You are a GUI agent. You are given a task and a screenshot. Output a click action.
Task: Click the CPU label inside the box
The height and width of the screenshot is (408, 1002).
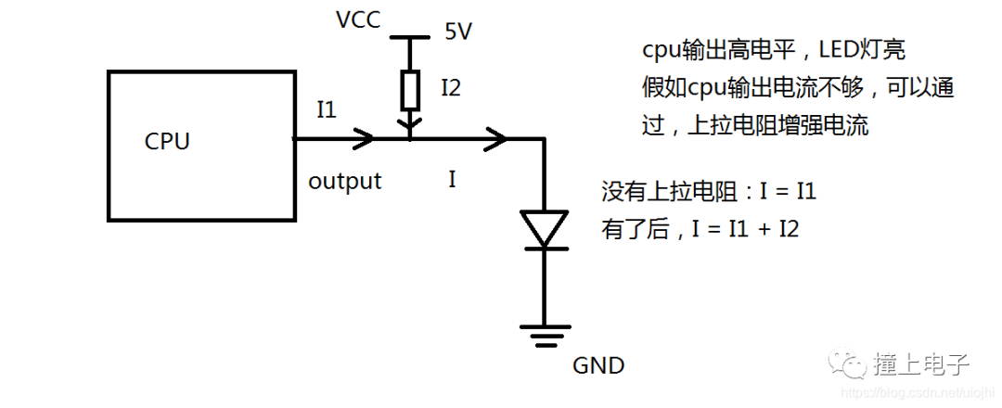[167, 142]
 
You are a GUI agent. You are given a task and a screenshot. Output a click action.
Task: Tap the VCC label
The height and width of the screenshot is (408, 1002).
[358, 19]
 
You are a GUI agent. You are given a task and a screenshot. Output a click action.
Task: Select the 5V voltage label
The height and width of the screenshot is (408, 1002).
[457, 32]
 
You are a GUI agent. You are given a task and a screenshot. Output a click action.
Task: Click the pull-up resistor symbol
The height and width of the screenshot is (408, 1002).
[409, 90]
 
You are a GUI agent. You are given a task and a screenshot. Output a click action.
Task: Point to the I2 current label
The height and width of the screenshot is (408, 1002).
[450, 88]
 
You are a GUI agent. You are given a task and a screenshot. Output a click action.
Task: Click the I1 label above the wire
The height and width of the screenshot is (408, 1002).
[326, 110]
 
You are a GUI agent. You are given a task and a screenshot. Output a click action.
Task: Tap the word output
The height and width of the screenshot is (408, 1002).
[344, 181]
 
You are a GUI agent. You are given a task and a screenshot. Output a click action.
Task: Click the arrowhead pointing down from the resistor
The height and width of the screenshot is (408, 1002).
[409, 122]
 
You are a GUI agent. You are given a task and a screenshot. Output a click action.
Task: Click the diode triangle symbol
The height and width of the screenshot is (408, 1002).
[544, 228]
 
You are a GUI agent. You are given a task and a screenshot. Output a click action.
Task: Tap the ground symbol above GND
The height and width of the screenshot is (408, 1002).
[544, 333]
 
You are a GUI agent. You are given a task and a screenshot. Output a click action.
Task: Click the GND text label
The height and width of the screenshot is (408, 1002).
[598, 365]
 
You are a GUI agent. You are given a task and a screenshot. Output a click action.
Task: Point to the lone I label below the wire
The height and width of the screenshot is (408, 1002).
[452, 180]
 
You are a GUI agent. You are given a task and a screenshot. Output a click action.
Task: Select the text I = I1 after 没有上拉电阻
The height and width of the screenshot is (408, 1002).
[786, 193]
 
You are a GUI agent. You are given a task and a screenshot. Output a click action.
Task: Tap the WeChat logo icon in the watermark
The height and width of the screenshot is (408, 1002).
[848, 362]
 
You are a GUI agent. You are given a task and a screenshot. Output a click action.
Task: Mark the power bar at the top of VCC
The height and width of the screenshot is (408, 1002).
[409, 38]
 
